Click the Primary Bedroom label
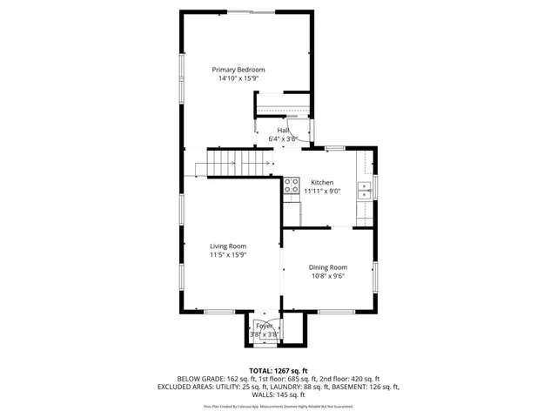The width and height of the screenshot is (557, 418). click(238, 70)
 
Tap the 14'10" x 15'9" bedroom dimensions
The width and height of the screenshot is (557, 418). click(238, 78)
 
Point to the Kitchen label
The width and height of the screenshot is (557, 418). click(311, 182)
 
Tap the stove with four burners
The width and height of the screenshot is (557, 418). click(292, 185)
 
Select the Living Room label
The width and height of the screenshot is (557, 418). click(228, 246)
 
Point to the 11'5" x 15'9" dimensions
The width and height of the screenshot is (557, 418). click(228, 255)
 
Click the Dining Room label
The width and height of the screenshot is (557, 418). click(328, 267)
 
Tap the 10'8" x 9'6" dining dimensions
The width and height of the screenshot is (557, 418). click(328, 276)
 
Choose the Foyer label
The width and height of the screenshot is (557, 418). click(264, 325)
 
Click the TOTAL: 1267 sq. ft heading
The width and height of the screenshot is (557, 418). click(278, 370)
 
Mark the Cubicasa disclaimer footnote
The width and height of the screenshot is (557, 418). click(278, 406)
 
